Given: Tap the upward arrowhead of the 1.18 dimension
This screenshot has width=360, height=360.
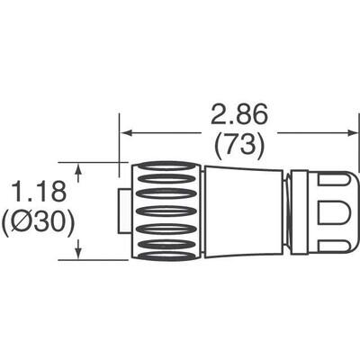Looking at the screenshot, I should (x=83, y=168).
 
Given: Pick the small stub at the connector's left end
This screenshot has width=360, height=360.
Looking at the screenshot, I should (x=121, y=211).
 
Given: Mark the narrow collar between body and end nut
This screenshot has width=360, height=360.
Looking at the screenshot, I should (x=287, y=211).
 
